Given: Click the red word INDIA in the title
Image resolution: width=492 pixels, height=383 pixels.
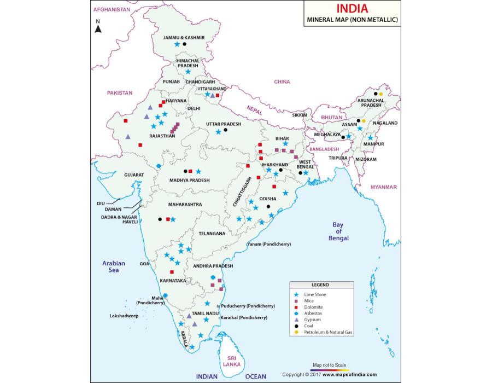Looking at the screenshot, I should [x=352, y=9].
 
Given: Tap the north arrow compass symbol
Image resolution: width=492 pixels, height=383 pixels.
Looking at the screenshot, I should [x=98, y=28].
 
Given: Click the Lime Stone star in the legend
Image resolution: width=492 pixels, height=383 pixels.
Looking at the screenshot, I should [x=296, y=294].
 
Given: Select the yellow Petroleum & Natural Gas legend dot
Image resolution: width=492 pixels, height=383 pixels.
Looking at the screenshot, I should [x=296, y=332].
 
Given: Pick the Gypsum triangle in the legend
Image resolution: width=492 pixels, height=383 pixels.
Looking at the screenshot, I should [x=296, y=320].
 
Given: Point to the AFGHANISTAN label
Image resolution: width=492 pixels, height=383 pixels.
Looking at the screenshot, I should [x=112, y=10].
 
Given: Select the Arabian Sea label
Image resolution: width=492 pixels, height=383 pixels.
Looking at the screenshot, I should [x=114, y=266].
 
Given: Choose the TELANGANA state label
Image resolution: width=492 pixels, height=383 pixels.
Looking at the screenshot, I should [x=212, y=233].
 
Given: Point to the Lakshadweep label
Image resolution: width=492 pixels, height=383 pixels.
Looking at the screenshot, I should [x=124, y=316].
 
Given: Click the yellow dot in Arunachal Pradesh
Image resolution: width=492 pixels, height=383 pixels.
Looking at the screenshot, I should [x=381, y=94].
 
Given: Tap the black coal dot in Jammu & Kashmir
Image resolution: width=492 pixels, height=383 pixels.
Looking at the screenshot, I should [x=185, y=44].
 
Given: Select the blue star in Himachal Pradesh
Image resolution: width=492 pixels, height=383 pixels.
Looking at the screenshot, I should [x=188, y=71].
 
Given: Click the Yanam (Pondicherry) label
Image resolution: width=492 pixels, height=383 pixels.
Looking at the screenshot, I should [x=269, y=244].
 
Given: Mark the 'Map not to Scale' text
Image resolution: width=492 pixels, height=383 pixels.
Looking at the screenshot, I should [x=330, y=364].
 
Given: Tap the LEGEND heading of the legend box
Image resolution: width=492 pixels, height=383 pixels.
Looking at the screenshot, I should [x=320, y=285].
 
